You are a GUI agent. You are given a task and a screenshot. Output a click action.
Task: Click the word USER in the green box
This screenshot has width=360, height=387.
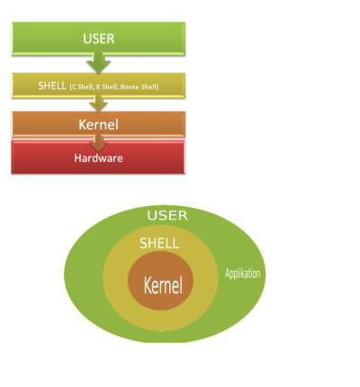pyautogui.click(x=99, y=39)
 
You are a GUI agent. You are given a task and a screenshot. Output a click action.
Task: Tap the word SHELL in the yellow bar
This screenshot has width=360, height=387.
pyautogui.click(x=52, y=85)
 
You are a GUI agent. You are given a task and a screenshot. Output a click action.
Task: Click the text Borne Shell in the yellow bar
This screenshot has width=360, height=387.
pyautogui.click(x=139, y=87)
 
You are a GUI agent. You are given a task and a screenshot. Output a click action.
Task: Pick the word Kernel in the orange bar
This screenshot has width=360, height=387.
pyautogui.click(x=99, y=125)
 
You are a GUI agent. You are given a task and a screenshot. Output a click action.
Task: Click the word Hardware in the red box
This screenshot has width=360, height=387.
pyautogui.click(x=99, y=158)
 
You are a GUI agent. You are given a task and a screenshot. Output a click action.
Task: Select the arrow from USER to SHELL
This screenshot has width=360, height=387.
pyautogui.click(x=98, y=63)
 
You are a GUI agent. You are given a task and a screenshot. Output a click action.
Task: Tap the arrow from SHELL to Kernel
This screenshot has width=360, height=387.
pyautogui.click(x=98, y=103)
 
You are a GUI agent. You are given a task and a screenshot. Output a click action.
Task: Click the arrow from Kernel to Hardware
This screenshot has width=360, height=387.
pyautogui.click(x=98, y=143)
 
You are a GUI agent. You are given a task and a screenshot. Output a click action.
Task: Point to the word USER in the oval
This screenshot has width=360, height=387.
pyautogui.click(x=167, y=215)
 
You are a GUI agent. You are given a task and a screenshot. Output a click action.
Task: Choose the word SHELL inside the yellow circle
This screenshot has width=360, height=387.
pyautogui.click(x=159, y=243)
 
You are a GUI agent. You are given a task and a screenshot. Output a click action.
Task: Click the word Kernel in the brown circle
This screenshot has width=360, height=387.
pyautogui.click(x=163, y=285)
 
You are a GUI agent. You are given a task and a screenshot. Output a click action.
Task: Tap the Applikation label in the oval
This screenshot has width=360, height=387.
pyautogui.click(x=243, y=274)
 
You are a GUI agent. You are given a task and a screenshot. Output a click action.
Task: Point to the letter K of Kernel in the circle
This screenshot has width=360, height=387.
pyautogui.click(x=148, y=285)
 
